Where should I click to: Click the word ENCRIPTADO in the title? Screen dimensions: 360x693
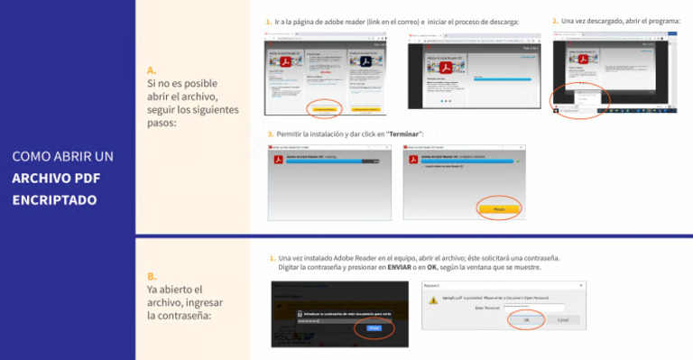pos(54,199)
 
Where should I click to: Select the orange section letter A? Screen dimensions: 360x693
pos(152,69)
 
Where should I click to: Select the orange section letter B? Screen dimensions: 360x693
pos(152,276)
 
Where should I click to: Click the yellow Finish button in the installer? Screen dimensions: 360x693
pos(499,208)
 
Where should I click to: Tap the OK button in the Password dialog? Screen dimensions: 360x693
pos(526,319)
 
